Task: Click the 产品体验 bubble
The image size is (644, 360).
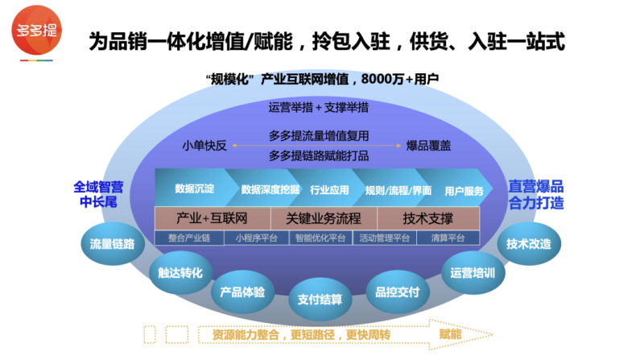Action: (243, 292)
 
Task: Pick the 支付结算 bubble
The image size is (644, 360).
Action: (320, 299)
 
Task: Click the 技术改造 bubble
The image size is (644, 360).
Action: (528, 242)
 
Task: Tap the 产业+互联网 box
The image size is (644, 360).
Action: (211, 218)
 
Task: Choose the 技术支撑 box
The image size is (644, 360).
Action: (427, 218)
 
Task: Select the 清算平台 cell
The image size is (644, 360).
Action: (448, 238)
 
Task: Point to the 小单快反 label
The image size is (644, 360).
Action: (204, 146)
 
